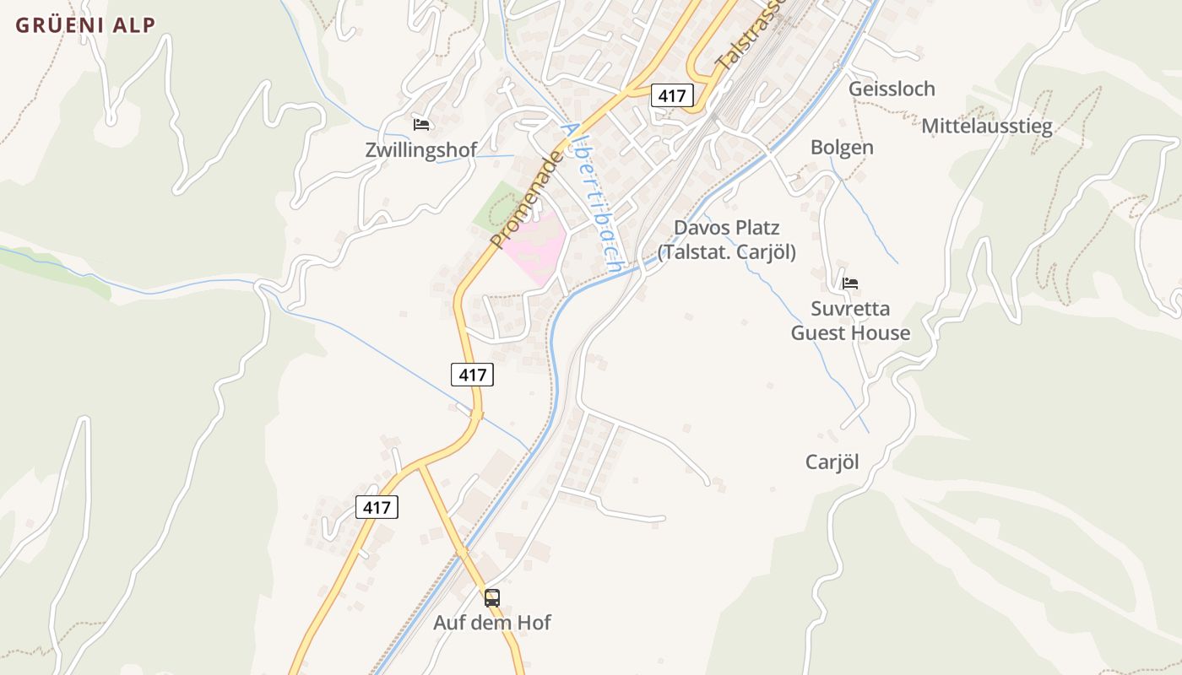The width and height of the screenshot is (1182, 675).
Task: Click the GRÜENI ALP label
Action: (85, 25)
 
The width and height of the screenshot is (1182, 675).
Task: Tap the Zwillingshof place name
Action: (421, 150)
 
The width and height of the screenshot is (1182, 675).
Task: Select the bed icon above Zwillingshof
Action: (421, 125)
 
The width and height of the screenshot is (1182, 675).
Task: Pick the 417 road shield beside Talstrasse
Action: (672, 95)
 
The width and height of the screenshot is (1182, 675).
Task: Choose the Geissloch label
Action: (892, 89)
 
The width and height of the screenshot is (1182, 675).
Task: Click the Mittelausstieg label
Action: (987, 127)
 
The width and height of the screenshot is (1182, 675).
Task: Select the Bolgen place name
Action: (842, 148)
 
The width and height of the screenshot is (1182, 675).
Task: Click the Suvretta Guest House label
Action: (850, 321)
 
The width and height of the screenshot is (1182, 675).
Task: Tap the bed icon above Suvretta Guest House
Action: (850, 283)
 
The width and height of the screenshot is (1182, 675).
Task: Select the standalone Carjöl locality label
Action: (832, 462)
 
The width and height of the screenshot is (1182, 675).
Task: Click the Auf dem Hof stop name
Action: (492, 623)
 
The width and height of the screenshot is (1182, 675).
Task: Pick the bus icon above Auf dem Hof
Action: (492, 598)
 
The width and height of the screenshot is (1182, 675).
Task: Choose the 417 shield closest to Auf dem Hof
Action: (377, 507)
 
